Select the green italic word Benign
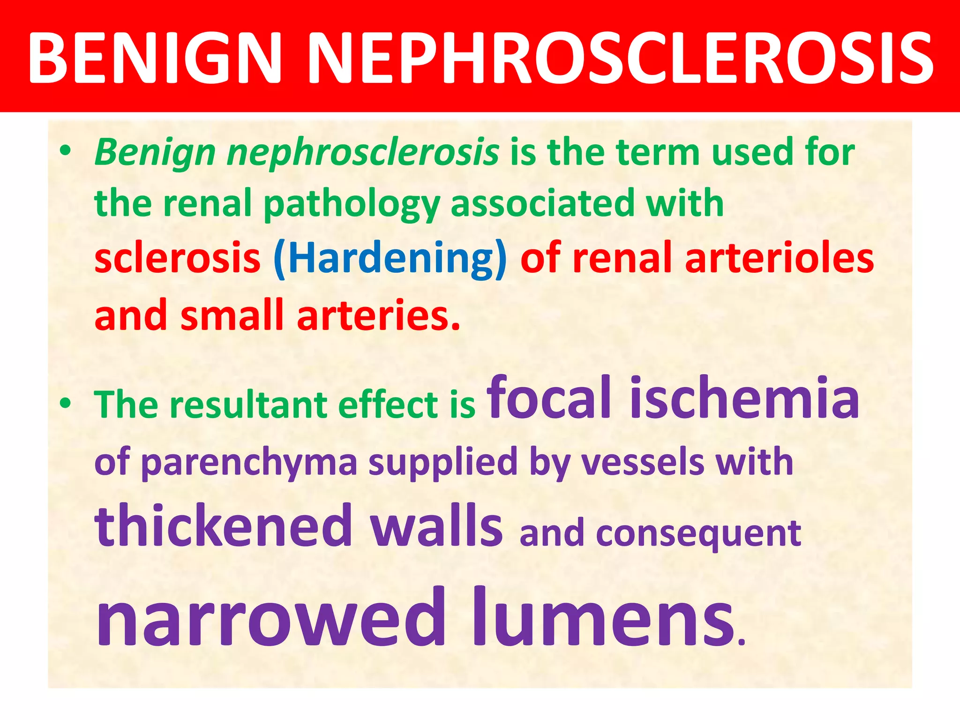155,153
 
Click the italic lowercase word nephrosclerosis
363,153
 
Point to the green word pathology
352,204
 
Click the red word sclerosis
177,258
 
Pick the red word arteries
378,315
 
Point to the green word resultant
248,404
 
